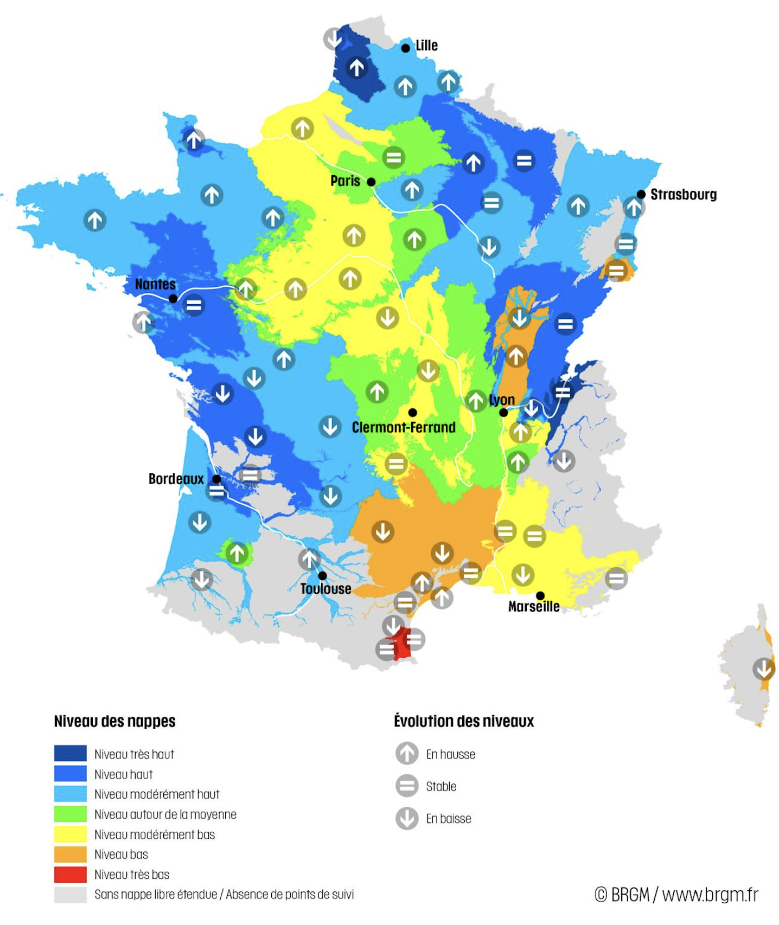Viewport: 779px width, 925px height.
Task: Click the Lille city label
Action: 426,46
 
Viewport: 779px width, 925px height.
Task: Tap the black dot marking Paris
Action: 371,182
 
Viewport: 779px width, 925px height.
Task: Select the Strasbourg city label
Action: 683,194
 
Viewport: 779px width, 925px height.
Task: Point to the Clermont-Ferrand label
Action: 404,427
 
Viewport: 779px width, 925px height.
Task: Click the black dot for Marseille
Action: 540,595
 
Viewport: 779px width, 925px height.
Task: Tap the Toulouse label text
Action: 325,589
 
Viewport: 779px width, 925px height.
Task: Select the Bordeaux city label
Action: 176,479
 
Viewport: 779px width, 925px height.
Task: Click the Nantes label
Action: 155,284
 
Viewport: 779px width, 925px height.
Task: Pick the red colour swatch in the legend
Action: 70,874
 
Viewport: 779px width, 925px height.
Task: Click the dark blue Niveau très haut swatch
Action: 70,754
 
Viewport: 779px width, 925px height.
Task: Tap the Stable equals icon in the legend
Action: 407,786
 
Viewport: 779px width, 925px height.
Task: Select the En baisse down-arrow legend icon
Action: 407,818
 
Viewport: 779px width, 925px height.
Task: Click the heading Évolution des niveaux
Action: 464,721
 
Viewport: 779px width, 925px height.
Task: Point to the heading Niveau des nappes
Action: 114,721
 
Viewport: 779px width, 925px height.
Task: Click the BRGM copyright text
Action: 676,894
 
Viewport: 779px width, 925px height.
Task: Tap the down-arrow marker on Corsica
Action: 763,669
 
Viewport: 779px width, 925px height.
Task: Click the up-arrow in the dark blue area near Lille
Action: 356,68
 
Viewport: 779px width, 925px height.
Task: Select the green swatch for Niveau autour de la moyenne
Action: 70,814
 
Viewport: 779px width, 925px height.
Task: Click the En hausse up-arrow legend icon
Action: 407,754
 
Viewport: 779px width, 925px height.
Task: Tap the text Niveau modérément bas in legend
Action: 155,834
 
